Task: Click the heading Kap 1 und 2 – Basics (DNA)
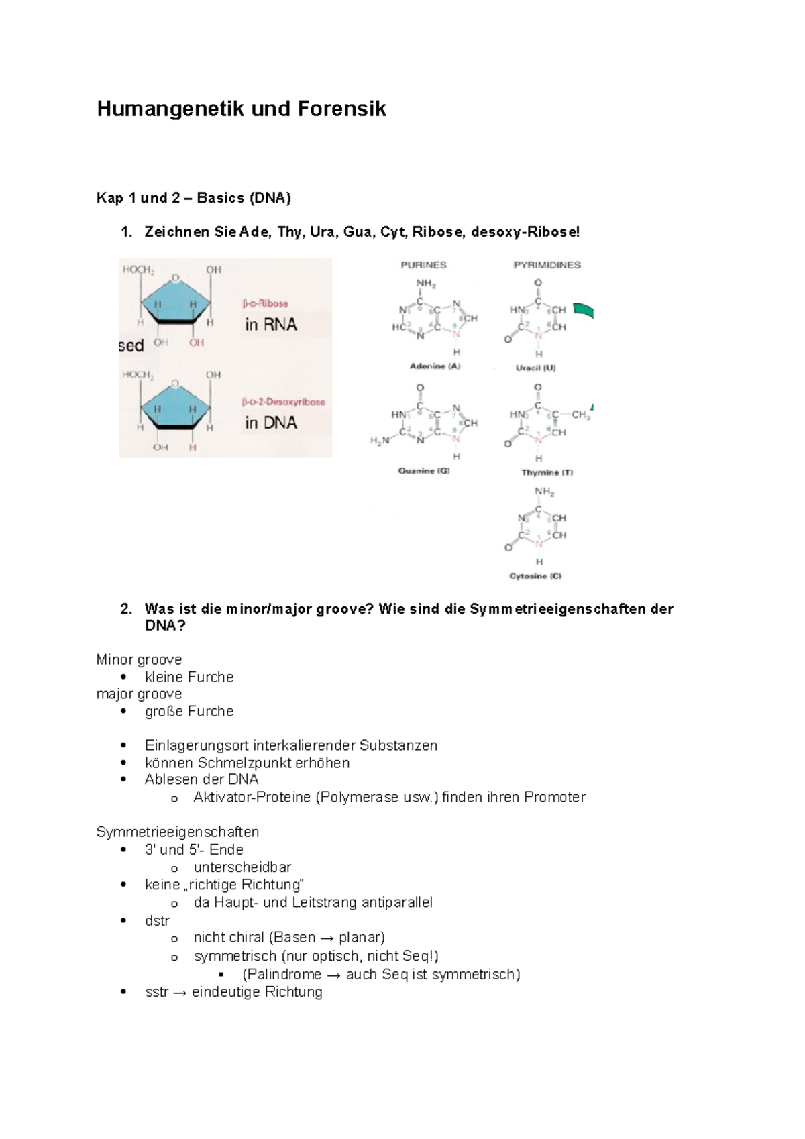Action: (x=194, y=198)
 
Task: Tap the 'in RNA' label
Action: (x=271, y=325)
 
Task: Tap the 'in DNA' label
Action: (x=271, y=423)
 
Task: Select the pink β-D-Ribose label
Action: (x=265, y=303)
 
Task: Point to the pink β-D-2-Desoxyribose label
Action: (x=283, y=402)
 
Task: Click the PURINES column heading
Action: (x=423, y=265)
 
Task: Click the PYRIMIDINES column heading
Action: (x=547, y=265)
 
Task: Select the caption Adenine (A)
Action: (x=435, y=366)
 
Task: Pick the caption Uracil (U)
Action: (x=535, y=368)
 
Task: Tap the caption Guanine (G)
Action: (x=424, y=471)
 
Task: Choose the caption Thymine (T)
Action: (x=547, y=472)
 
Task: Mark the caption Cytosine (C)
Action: (x=535, y=576)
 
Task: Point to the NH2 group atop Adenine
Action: (x=425, y=284)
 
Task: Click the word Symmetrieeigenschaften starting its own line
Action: (x=178, y=832)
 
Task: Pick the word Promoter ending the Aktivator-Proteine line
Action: (x=555, y=798)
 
